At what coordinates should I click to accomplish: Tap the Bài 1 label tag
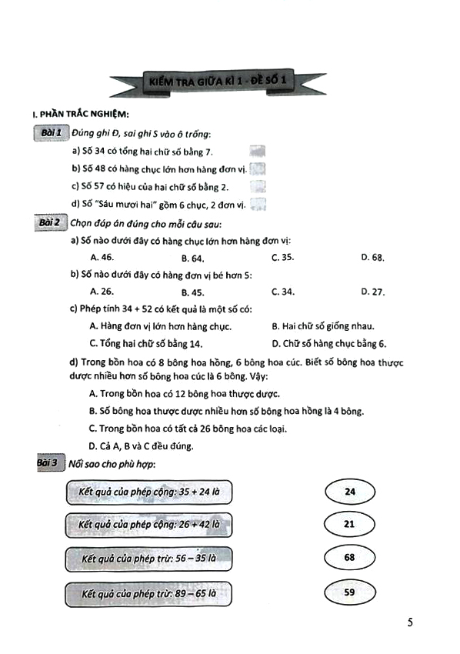point(52,134)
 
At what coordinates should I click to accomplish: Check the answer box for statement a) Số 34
point(259,152)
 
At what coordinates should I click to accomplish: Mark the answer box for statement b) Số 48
point(259,169)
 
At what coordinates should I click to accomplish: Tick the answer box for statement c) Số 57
point(259,186)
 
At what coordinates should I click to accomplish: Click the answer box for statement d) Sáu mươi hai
point(259,204)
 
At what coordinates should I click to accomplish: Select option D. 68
point(372,258)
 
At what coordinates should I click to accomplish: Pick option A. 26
point(102,292)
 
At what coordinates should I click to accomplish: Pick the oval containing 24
point(350,490)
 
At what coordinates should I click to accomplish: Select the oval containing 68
point(350,559)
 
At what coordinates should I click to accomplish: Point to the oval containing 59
point(350,594)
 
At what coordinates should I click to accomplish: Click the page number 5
point(410,622)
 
